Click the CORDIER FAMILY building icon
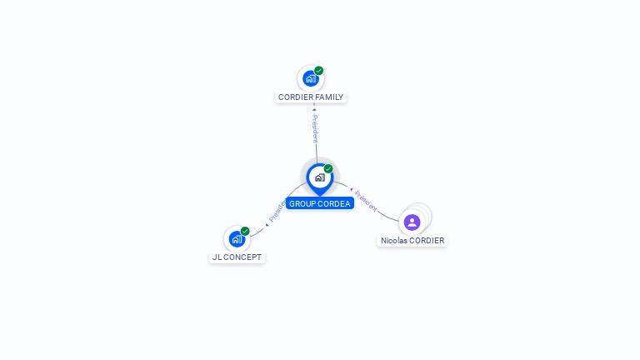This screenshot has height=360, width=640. click(311, 79)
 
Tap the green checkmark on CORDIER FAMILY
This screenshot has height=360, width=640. click(319, 71)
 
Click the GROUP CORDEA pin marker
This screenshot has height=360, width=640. click(320, 179)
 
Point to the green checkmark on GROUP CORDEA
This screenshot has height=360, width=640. click(328, 168)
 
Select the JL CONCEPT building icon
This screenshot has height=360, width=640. click(237, 239)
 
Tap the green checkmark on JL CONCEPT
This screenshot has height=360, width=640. click(245, 231)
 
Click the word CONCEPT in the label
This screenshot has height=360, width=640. click(242, 257)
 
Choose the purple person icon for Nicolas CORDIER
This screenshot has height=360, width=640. click(412, 222)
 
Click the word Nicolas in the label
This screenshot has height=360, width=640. click(394, 240)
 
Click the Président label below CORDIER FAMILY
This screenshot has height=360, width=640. click(315, 128)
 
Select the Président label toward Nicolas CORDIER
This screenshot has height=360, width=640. click(366, 201)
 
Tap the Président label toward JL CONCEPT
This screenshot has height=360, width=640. click(277, 211)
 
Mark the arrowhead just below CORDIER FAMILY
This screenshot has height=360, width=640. click(314, 109)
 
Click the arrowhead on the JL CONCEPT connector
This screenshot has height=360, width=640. click(267, 225)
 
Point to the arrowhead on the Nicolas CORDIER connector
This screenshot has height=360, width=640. click(352, 189)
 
